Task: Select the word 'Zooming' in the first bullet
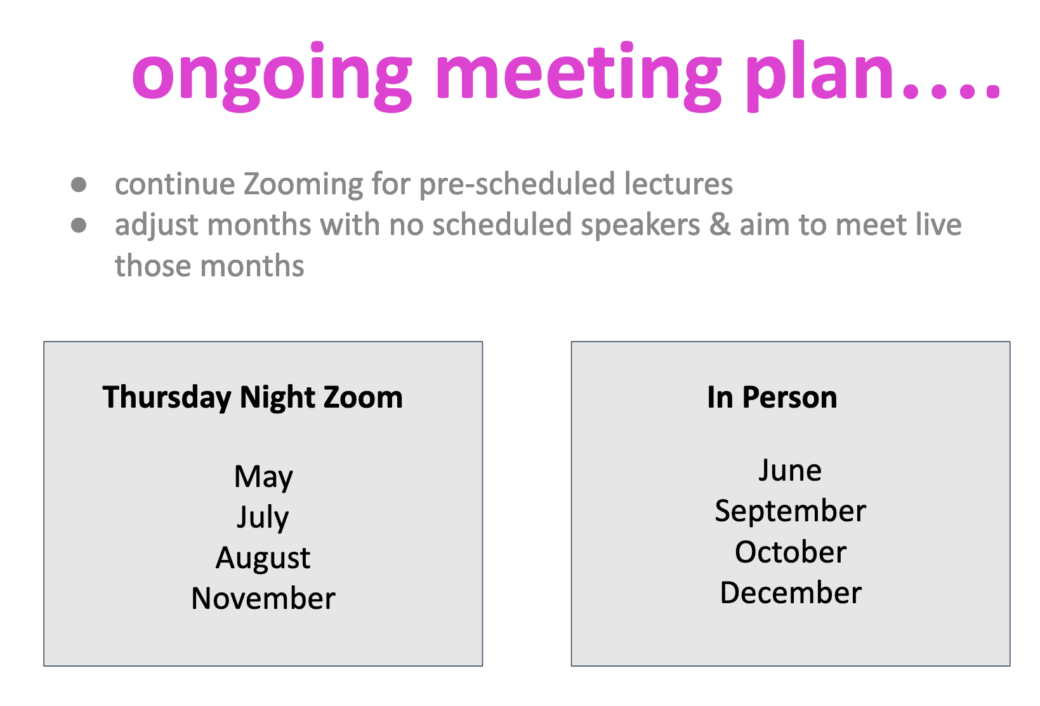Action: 304,185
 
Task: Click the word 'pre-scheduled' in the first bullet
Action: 517,185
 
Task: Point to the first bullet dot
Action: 79,184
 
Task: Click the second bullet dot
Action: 79,225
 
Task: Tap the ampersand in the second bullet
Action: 720,225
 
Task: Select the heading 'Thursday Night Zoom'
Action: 253,397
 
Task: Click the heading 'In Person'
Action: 772,397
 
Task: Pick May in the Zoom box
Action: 263,477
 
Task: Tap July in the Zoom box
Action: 263,517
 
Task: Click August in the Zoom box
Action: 263,558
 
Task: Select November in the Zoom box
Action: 263,598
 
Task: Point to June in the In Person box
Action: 790,470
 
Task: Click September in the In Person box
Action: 790,512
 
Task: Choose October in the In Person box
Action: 790,552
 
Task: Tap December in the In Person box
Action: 791,592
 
